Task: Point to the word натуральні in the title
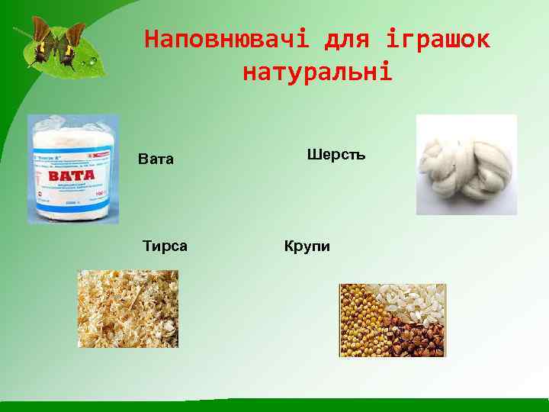coord(317,72)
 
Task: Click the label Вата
coord(156,159)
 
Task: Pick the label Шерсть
coord(336,155)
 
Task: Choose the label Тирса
coord(165,246)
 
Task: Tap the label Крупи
coord(307,246)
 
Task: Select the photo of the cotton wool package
coord(73,169)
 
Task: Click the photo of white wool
coord(466,165)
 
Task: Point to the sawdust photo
coord(128,308)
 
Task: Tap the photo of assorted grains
coord(392,320)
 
